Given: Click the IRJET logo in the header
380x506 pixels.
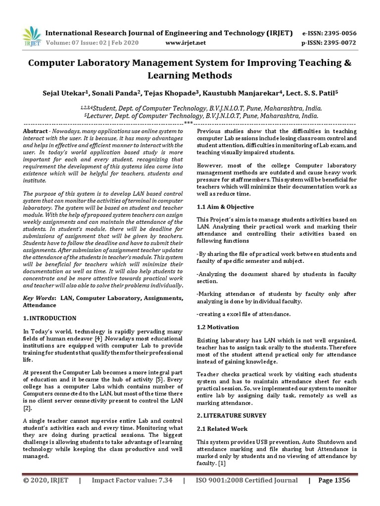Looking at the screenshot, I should pyautogui.click(x=32, y=36).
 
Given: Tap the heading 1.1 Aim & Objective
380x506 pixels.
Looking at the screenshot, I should pyautogui.click(x=225, y=207).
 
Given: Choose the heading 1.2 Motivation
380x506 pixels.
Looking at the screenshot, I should pyautogui.click(x=218, y=327).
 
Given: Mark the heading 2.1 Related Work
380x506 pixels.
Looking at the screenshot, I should pyautogui.click(x=222, y=428).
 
